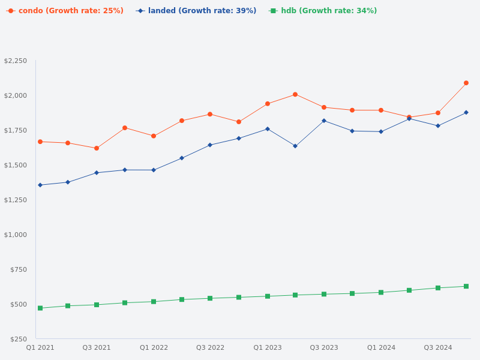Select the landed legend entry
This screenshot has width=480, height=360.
[x=196, y=11]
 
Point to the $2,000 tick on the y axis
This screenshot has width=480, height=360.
[x=16, y=95]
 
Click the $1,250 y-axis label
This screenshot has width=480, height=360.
[x=16, y=200]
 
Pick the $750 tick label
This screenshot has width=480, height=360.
[x=19, y=269]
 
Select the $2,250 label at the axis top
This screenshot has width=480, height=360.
[x=16, y=61]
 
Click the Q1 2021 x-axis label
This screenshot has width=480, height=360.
[x=40, y=347]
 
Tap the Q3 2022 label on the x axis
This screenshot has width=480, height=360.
[x=210, y=347]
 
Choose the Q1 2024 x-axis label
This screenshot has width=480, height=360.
[x=381, y=347]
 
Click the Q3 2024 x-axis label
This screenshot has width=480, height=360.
[x=438, y=347]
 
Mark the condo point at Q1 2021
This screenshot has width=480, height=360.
[x=40, y=142]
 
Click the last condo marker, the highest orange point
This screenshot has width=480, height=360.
[x=466, y=83]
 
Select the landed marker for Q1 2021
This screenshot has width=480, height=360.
[x=40, y=185]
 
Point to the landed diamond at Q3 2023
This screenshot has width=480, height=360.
[x=324, y=121]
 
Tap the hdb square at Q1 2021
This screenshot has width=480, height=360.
[x=40, y=308]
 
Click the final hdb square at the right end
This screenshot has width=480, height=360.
[x=466, y=286]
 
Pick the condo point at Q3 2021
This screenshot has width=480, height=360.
[x=97, y=148]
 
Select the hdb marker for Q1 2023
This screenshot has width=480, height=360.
[x=268, y=296]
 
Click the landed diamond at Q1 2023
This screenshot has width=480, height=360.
[x=268, y=129]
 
